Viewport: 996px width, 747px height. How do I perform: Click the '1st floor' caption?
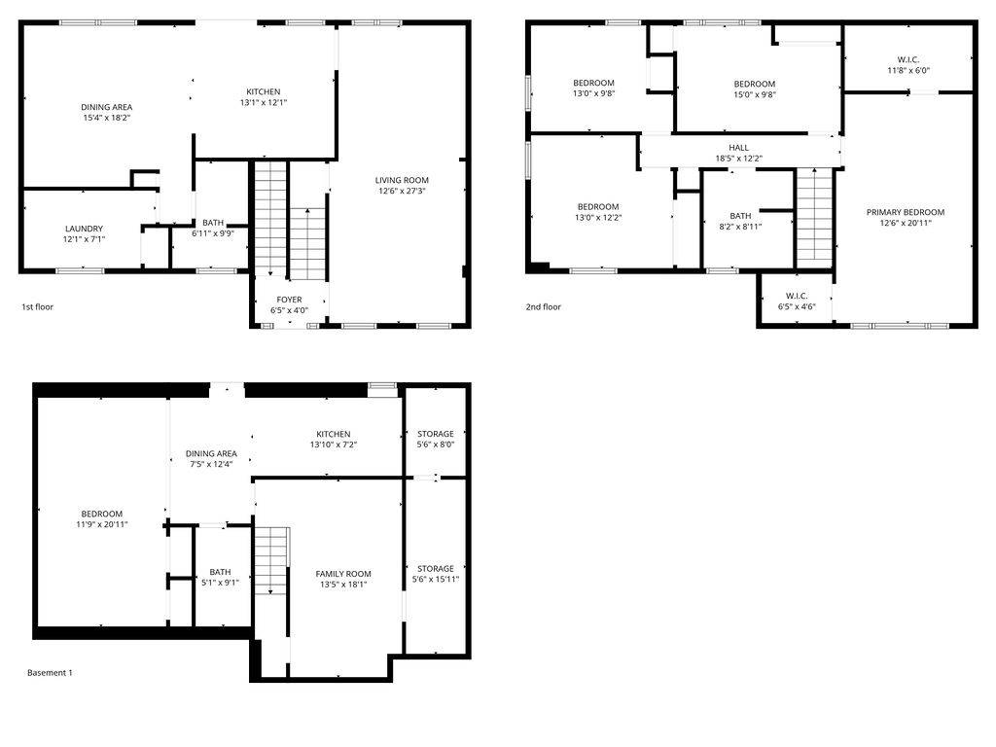tap(37, 306)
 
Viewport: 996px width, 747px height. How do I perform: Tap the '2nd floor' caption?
tap(544, 306)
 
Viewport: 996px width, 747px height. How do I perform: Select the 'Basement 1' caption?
tap(50, 672)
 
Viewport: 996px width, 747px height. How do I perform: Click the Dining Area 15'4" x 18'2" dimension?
tap(107, 118)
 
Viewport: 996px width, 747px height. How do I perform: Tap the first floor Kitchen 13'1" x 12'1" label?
tap(263, 96)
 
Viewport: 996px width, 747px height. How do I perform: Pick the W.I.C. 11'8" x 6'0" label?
tap(908, 65)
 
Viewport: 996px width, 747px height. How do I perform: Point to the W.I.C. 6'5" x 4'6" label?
tap(797, 301)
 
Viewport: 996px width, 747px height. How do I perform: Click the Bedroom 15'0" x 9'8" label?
tap(754, 89)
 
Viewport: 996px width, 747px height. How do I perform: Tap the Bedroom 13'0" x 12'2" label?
tap(598, 211)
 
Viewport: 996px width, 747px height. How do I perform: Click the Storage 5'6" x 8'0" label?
tap(436, 439)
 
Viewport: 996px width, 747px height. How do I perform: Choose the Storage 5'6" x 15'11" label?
tap(436, 573)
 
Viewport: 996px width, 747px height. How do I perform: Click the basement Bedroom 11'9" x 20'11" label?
tap(101, 518)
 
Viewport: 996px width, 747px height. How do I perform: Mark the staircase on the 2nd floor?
tap(815, 215)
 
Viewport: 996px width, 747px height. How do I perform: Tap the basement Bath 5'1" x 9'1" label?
tap(220, 577)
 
